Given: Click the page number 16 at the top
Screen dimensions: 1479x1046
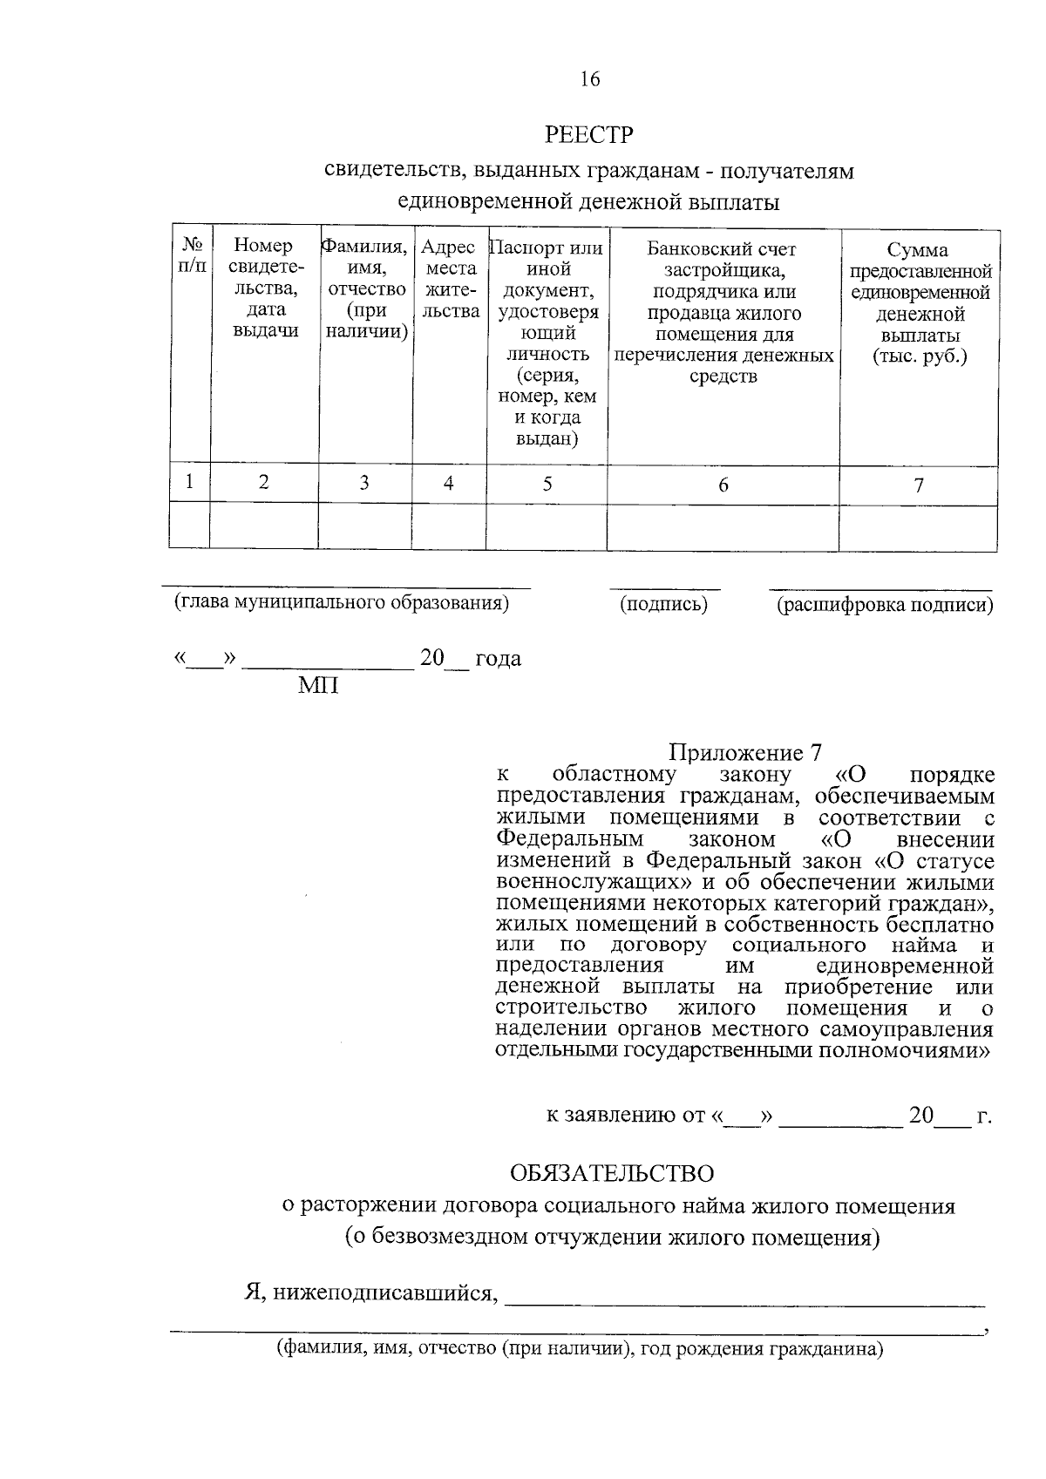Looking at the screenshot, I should (x=590, y=79).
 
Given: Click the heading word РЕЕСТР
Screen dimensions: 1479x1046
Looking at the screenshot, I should (x=589, y=135).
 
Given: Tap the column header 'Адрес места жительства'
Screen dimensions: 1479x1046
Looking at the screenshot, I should (x=448, y=279).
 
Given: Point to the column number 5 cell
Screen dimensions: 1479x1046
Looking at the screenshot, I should (x=547, y=484).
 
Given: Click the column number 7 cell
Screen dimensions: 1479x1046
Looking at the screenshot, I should (x=919, y=485).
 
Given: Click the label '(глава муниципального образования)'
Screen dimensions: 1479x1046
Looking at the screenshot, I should (x=341, y=602).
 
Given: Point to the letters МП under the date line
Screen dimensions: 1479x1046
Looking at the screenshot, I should (x=318, y=686).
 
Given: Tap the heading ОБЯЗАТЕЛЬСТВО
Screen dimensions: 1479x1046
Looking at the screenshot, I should (x=612, y=1173).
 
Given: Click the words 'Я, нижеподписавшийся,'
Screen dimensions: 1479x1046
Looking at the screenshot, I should (x=370, y=1292).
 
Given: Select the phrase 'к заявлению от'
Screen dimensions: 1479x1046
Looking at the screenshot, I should (x=625, y=1116).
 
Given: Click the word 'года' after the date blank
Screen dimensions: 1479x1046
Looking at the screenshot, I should (x=499, y=658).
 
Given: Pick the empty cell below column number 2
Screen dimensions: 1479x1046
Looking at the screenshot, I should (x=263, y=527).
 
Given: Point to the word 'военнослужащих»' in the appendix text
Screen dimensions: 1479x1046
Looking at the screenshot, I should (x=569, y=882).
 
